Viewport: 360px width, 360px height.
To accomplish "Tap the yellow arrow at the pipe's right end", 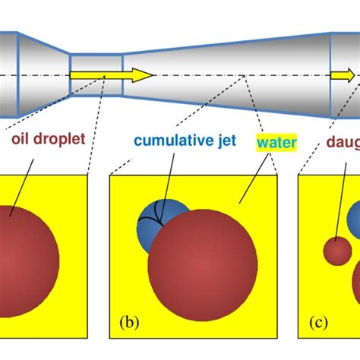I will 342,75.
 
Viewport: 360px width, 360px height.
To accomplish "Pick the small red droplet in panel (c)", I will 336,251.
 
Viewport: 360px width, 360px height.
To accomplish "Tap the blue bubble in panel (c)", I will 355,221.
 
